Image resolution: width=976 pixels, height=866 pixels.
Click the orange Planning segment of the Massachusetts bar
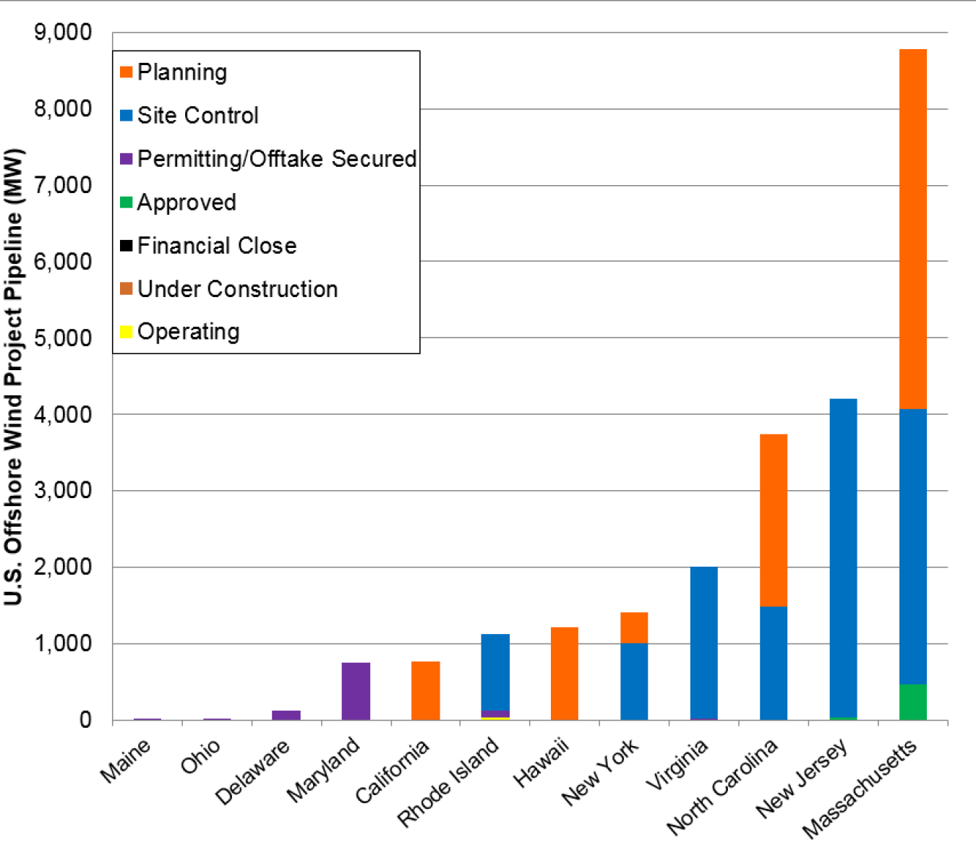point(912,228)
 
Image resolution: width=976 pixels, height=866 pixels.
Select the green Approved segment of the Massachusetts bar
point(912,702)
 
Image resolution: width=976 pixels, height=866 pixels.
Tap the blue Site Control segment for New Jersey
point(843,557)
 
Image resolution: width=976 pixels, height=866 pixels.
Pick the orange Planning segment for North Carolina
point(773,520)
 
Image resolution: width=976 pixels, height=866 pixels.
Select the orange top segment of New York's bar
point(634,627)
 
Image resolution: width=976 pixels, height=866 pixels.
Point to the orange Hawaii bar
point(564,673)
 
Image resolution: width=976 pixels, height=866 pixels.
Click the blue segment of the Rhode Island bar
point(495,672)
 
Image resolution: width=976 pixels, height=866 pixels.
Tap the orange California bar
point(425,690)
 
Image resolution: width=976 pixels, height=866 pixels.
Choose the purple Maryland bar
point(356,691)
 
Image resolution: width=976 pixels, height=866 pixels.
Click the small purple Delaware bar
point(286,715)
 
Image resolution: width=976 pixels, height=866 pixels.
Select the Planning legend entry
point(181,72)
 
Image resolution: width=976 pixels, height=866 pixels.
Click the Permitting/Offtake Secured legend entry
point(276,159)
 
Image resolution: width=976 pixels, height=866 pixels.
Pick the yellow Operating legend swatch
point(127,332)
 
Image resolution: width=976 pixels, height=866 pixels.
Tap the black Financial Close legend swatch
point(127,246)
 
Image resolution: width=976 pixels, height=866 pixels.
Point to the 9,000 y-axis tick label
point(63,33)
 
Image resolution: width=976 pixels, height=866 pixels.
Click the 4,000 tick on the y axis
point(63,414)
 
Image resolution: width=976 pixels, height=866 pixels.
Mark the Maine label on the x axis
point(126,760)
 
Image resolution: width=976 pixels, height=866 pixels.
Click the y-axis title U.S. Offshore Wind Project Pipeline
point(14,376)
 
